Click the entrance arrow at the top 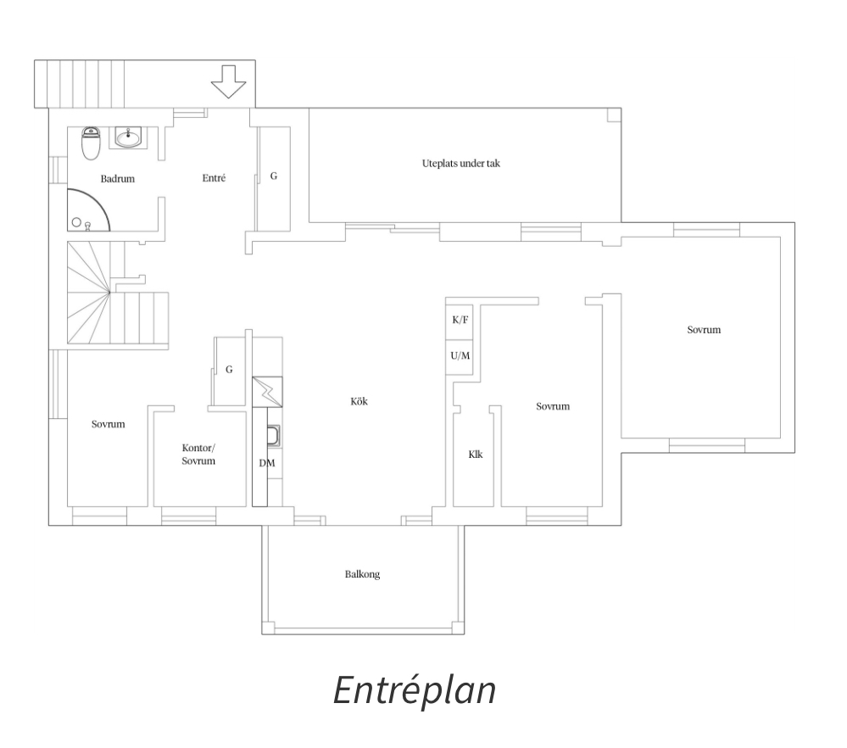pos(228,81)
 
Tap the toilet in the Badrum pos(91,143)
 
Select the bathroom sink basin pos(128,138)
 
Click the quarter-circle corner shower pos(88,209)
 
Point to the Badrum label pos(117,179)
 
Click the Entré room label pos(214,178)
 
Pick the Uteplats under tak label pos(460,163)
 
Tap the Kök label pos(359,401)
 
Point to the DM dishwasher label pos(267,463)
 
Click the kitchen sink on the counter pos(273,436)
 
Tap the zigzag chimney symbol pos(267,391)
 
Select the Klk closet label pos(476,455)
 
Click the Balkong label pos(363,574)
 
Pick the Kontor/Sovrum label pos(198,455)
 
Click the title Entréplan pos(415,690)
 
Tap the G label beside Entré pos(274,176)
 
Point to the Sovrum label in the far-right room pos(704,330)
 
